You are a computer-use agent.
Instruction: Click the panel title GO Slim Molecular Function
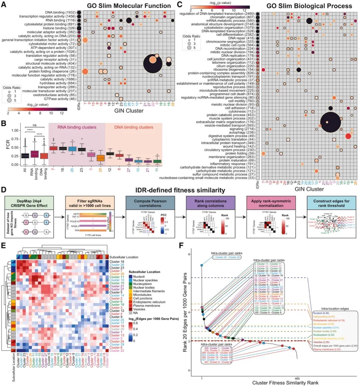(x=129, y=6)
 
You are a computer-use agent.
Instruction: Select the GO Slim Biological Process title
(x=309, y=6)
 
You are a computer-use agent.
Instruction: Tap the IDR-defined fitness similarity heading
(x=180, y=190)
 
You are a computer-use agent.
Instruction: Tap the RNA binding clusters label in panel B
(x=77, y=127)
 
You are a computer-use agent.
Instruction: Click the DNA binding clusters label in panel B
(x=133, y=127)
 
